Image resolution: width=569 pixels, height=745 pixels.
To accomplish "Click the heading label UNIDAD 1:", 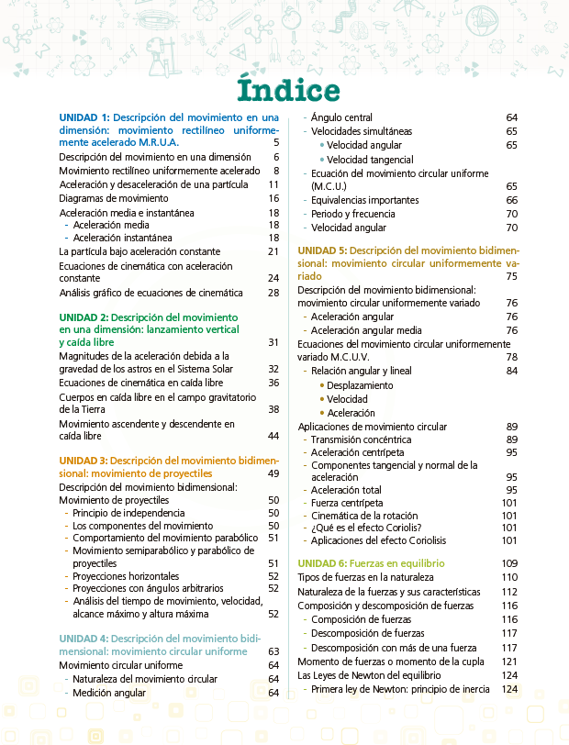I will click(84, 117).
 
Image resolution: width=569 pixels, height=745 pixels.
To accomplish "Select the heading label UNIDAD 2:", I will click(84, 317).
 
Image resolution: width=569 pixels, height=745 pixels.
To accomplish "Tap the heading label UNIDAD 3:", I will click(84, 460).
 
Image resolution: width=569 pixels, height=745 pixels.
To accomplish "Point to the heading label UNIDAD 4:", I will click(84, 638).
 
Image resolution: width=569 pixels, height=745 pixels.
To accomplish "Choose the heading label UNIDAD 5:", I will click(323, 250).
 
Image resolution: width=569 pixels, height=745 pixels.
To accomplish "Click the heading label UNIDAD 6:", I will click(323, 562).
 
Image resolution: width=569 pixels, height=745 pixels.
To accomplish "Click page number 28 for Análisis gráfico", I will click(273, 293).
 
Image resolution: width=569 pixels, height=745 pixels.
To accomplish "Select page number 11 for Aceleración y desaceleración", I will click(273, 184).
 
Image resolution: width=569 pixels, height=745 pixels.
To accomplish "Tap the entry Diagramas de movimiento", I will click(114, 198).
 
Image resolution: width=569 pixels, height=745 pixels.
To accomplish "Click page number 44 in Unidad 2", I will click(273, 436).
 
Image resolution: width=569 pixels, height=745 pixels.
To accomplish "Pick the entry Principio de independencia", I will click(129, 513).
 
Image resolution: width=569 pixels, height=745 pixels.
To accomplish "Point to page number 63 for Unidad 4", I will click(273, 651).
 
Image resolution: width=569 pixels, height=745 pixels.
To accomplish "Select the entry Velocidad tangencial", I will click(363, 160).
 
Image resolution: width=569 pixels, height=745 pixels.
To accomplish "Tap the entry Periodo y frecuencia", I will click(351, 214).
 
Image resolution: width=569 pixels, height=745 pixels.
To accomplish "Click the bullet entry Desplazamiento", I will click(360, 385).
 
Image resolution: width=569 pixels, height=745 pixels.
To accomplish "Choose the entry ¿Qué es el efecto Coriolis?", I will click(366, 528).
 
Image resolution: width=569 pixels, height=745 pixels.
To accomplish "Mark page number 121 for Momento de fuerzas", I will click(509, 662).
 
